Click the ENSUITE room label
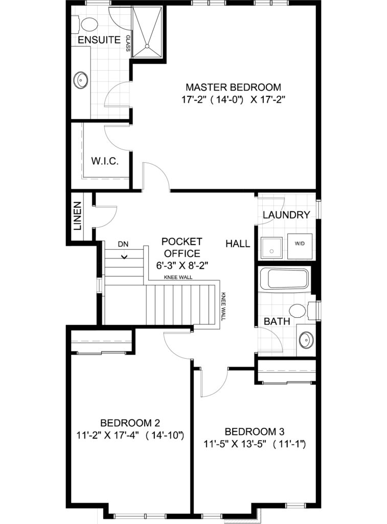99,40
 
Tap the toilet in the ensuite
87,24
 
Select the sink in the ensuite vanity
80,80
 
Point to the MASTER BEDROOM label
234,87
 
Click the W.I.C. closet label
105,161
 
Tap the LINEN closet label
78,216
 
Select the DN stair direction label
123,244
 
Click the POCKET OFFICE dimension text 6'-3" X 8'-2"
182,266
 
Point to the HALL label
238,244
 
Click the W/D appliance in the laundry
300,248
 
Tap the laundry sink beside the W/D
271,248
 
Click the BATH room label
277,321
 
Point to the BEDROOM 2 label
130,423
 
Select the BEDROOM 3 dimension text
255,444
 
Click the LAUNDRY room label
286,215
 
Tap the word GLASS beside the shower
128,43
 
